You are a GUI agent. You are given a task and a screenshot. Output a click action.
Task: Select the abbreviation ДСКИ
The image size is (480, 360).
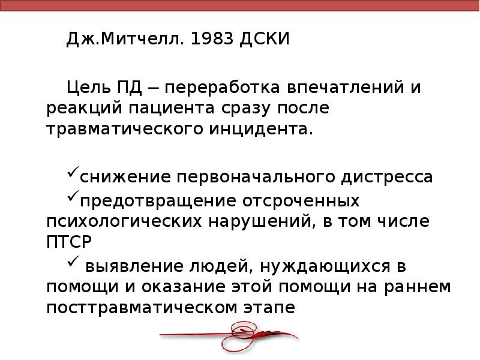[265, 40]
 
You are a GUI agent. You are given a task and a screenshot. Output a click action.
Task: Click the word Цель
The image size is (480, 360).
[89, 89]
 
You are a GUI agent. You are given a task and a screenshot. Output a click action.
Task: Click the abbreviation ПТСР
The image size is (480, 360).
[68, 242]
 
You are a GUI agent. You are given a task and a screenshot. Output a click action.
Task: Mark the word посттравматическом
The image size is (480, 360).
[132, 307]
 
